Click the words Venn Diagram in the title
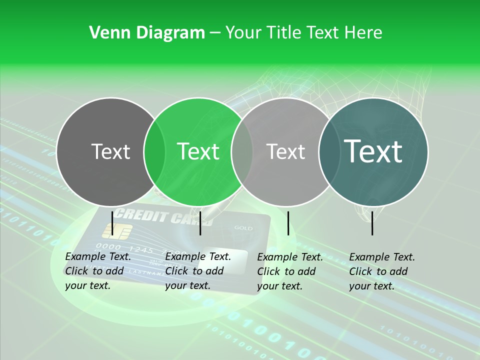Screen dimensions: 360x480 click(147, 33)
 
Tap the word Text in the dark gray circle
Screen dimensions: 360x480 click(110, 151)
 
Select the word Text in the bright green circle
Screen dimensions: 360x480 click(198, 151)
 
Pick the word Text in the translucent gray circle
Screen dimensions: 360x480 click(285, 151)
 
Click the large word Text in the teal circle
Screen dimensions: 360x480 click(373, 151)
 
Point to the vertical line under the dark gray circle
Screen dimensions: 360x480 click(112, 222)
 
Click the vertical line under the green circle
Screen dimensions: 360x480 click(200, 222)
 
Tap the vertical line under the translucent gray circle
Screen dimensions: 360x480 click(288, 222)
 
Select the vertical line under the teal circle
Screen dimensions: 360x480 click(372, 222)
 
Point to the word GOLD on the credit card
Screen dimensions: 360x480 click(243, 228)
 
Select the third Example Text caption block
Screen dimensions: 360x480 click(290, 271)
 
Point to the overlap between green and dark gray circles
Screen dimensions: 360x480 click(154, 151)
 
